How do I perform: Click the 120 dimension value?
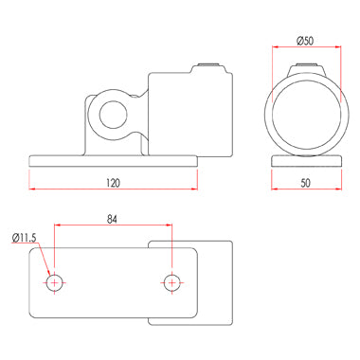pyautogui.click(x=113, y=183)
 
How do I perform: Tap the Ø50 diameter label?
pyautogui.click(x=305, y=41)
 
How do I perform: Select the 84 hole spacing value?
pyautogui.click(x=112, y=219)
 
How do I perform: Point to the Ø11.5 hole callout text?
pyautogui.click(x=25, y=238)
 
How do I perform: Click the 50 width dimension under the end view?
pyautogui.click(x=306, y=183)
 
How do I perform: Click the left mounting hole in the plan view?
pyautogui.click(x=55, y=282)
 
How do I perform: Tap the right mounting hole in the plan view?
pyautogui.click(x=171, y=282)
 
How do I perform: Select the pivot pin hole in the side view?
pyautogui.click(x=113, y=115)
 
